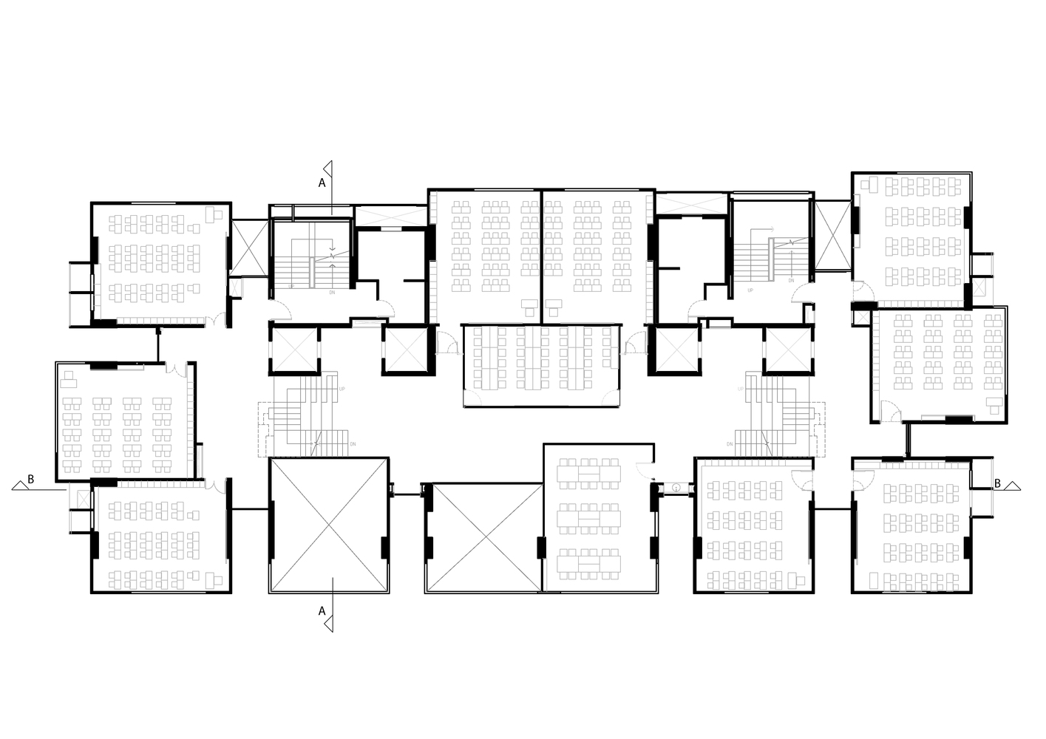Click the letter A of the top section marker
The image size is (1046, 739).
322,182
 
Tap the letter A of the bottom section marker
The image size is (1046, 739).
322,611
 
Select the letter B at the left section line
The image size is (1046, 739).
30,480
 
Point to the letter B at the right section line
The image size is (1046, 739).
997,483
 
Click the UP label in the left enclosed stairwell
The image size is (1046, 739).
291,286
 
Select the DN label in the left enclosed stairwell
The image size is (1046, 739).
332,293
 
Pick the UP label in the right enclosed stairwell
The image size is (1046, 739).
750,290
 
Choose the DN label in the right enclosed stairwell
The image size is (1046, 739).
791,281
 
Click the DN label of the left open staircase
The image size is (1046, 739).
353,444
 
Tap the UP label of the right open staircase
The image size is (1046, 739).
740,389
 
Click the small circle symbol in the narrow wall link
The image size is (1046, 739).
676,488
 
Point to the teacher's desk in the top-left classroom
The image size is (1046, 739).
214,212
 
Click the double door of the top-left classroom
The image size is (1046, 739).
215,321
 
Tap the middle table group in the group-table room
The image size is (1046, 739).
589,518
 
